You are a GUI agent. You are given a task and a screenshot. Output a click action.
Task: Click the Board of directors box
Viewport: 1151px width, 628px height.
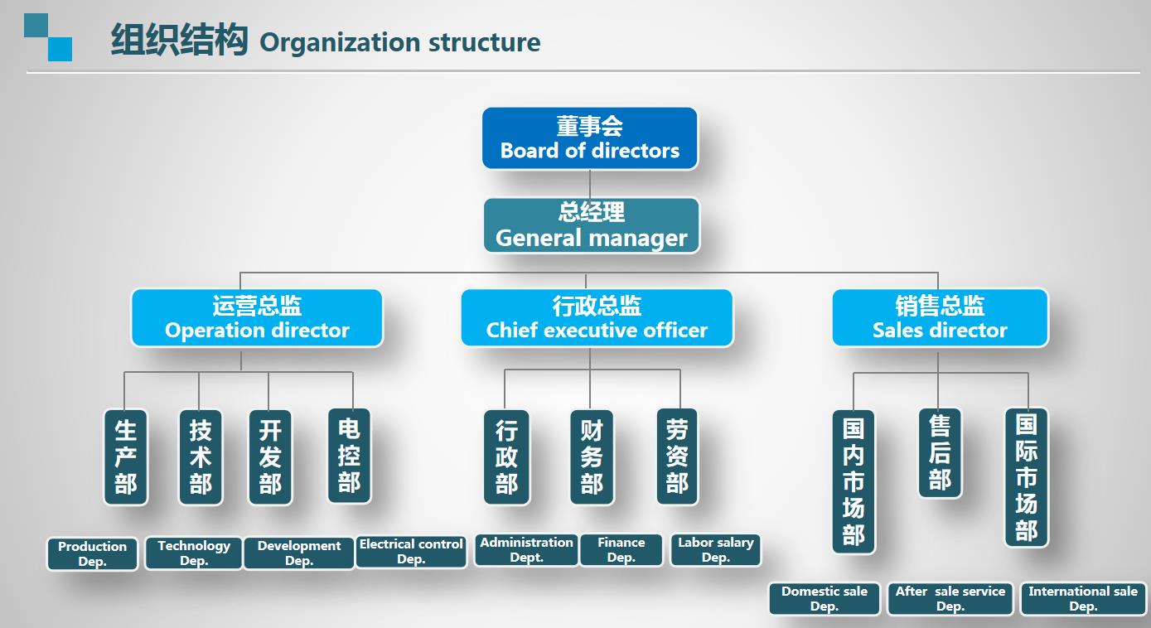(589, 138)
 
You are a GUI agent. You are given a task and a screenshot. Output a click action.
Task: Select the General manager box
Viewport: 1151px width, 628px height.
(592, 225)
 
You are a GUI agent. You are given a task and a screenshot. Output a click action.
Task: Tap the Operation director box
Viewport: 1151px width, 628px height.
(257, 317)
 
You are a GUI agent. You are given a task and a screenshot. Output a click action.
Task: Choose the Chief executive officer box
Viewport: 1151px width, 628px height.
(597, 317)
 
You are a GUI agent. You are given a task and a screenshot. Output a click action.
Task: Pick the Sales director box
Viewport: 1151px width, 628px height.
(940, 317)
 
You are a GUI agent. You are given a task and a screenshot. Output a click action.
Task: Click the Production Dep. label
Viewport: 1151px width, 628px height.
(93, 554)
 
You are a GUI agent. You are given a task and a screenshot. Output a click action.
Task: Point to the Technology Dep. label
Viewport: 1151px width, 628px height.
(194, 553)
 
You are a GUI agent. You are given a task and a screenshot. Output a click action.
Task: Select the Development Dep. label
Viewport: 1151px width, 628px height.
(299, 553)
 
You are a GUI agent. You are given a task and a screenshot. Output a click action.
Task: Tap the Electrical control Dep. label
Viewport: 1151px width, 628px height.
(411, 552)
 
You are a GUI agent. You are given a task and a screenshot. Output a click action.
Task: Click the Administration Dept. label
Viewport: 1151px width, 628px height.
(526, 550)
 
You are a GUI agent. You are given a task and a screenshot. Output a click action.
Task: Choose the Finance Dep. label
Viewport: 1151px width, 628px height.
(621, 550)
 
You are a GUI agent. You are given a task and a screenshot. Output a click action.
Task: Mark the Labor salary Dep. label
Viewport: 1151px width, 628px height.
(716, 550)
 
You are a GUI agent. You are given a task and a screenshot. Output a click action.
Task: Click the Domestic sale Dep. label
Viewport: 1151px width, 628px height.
(825, 599)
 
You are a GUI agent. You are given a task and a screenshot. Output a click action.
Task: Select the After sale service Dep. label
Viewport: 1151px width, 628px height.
(950, 599)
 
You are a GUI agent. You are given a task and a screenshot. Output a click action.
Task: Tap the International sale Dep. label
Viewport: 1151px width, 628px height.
(1083, 599)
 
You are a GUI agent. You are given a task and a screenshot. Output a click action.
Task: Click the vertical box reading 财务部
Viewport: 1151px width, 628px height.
(592, 457)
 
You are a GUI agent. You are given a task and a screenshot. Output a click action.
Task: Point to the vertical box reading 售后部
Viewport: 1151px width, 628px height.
(940, 452)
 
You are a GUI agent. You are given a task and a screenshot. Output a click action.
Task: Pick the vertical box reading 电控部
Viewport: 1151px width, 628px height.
(349, 456)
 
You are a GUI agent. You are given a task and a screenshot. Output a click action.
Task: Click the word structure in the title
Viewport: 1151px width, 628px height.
(484, 42)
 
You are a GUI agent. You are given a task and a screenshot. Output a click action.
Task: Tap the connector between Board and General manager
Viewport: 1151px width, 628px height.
(590, 184)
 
